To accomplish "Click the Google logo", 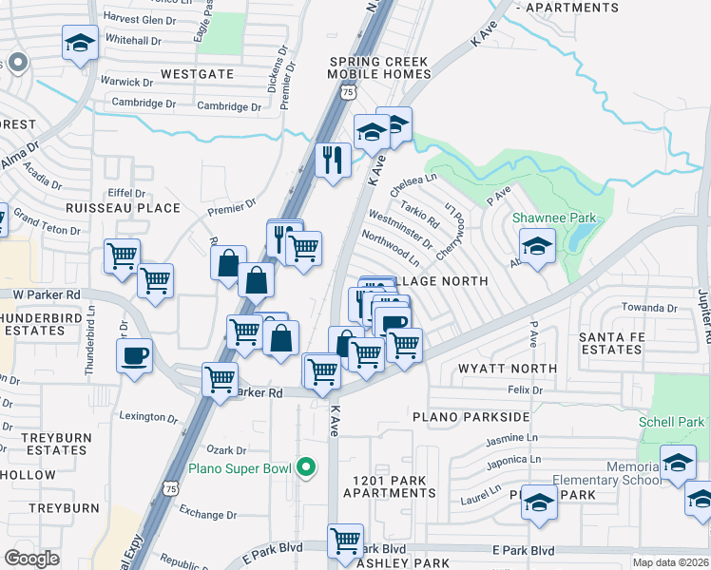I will coord(31,559).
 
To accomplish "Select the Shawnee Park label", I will coord(554,218).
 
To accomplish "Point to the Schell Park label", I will coord(671,422).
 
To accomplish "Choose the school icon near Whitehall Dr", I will coord(80,42).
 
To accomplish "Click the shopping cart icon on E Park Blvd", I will coord(345,541).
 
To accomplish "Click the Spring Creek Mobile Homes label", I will coord(379,68).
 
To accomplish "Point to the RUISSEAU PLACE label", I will coord(122,207).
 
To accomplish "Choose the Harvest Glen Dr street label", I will coord(141,19).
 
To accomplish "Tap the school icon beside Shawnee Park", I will coord(537,249).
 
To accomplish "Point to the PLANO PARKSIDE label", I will coord(470,417).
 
